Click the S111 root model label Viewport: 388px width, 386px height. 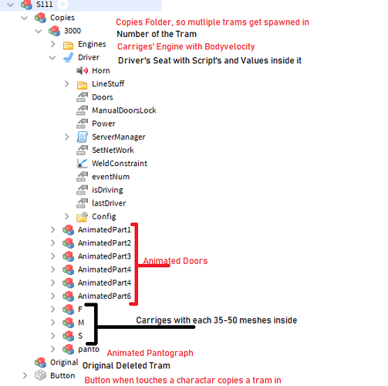pos(44,4)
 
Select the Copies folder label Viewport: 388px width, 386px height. pos(62,18)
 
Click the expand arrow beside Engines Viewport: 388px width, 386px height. pos(52,44)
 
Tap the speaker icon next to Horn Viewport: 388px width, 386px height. pos(83,70)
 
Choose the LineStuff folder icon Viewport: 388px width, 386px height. pos(82,85)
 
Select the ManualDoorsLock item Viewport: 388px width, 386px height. pos(124,110)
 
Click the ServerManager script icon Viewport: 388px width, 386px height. pos(82,137)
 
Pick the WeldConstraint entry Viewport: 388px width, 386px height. pos(120,164)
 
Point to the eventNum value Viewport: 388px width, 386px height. pos(110,177)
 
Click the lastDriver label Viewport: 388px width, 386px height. pos(109,203)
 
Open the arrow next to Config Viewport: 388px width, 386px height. pos(66,216)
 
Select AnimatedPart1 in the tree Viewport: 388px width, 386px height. pos(104,230)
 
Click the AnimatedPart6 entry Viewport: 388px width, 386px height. pos(104,296)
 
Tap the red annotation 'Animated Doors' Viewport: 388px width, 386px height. pos(175,261)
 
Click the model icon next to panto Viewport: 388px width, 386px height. pos(69,349)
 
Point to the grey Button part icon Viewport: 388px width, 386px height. pos(40,375)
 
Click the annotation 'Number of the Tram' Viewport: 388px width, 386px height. pos(157,34)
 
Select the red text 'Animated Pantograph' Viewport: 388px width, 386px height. pos(150,353)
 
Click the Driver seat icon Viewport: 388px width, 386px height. pos(69,57)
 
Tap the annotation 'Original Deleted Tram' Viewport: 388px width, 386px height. pos(127,365)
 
